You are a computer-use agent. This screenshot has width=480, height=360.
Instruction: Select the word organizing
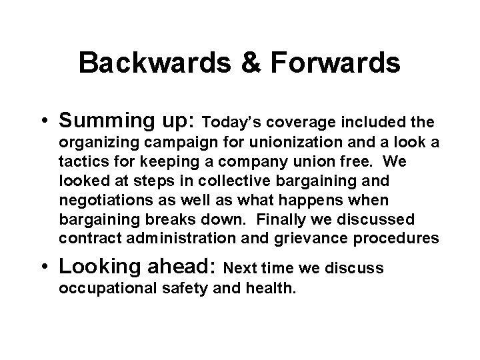pos(93,143)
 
